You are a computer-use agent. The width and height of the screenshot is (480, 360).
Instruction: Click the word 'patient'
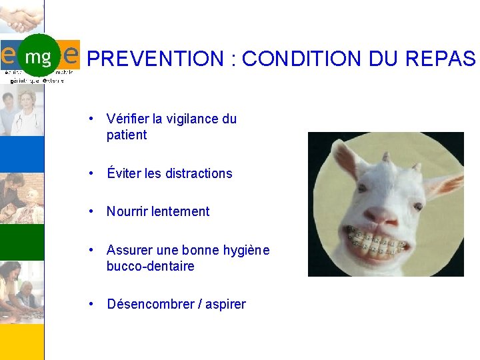coord(127,135)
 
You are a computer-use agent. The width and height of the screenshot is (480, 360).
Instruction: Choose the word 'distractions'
coord(198,174)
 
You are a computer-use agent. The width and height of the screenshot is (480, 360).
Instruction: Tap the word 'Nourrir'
coord(127,212)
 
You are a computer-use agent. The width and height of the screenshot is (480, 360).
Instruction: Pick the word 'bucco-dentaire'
coord(150,267)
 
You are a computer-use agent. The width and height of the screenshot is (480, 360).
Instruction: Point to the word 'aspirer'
coord(225,305)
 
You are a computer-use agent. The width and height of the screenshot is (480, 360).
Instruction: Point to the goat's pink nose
coord(381,214)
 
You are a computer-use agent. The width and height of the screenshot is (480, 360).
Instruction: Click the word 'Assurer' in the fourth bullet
coord(129,251)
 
